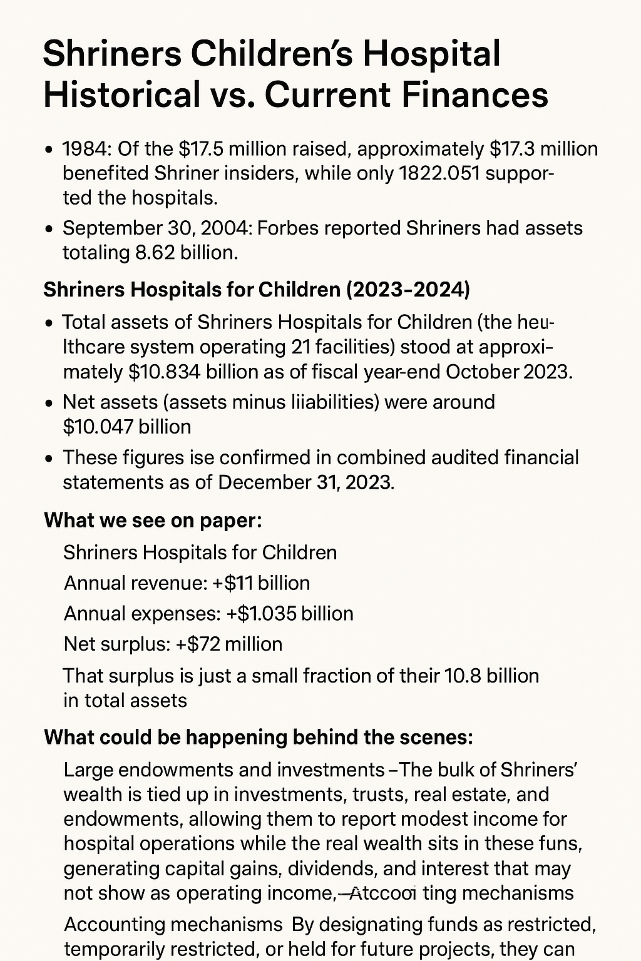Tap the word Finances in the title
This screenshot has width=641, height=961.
coord(475,94)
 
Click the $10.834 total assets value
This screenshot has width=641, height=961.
coord(164,372)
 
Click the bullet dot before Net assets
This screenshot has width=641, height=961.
coord(49,403)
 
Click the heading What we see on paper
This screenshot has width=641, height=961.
coord(153,521)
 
